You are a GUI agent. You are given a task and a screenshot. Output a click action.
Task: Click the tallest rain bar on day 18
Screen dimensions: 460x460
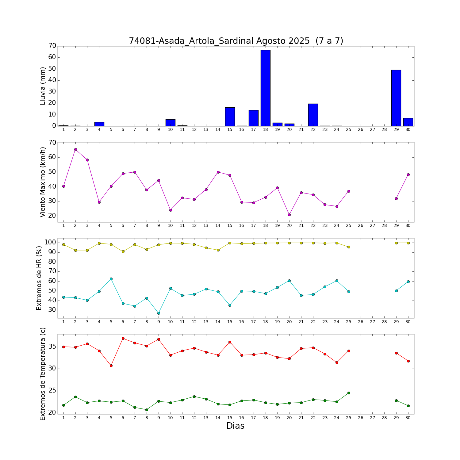265,88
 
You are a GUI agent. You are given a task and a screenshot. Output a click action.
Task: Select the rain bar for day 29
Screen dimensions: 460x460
396,98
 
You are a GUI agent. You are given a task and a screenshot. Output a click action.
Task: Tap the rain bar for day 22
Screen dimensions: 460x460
313,115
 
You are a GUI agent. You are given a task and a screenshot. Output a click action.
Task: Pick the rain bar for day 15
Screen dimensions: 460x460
230,117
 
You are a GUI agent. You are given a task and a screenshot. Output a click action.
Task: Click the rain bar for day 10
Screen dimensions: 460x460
170,123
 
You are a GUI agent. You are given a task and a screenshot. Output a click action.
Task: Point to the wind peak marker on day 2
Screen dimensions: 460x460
75,150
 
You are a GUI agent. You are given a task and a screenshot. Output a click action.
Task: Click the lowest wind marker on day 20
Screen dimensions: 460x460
289,215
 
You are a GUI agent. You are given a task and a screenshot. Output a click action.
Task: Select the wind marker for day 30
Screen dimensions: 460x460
408,175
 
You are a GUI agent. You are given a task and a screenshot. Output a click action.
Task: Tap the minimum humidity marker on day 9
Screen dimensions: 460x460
159,313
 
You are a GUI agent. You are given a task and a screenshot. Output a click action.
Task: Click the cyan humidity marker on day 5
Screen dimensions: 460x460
111,279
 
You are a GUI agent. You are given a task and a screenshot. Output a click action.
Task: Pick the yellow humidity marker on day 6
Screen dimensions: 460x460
123,251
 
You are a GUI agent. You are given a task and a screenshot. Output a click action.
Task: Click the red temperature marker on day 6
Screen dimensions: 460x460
123,339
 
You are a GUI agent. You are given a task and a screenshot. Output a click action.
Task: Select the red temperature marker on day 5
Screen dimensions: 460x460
111,366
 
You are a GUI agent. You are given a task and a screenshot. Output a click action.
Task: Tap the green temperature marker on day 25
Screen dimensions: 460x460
349,393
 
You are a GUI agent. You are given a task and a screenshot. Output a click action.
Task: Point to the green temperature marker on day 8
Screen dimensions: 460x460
147,410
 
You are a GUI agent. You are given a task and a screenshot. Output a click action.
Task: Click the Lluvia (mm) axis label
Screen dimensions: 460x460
43,86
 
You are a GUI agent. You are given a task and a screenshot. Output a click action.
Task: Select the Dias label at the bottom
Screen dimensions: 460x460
235,426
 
